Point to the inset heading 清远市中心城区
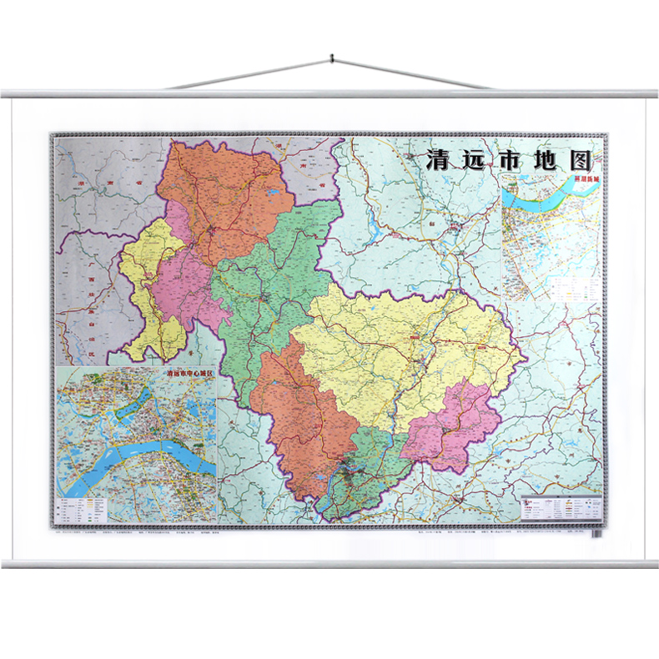click(x=176, y=375)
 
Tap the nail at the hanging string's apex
click(x=330, y=58)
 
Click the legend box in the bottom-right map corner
click(x=561, y=508)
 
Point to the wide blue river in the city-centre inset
click(x=138, y=455)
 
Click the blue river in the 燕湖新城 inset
click(x=542, y=196)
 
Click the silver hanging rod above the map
click(x=329, y=93)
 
